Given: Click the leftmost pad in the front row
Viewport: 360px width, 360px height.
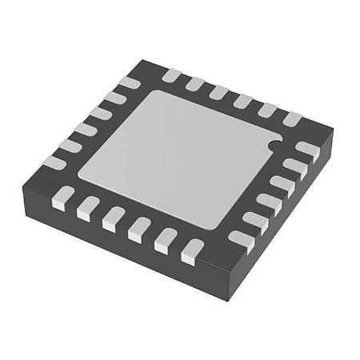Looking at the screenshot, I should (x=63, y=197).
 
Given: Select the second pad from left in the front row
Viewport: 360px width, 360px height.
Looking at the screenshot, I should (x=88, y=208).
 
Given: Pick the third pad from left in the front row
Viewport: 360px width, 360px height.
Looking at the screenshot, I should (x=114, y=218).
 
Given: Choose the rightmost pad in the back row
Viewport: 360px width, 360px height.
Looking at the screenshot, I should (x=292, y=119).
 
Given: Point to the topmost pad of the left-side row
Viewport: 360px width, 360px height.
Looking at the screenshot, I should (x=129, y=82).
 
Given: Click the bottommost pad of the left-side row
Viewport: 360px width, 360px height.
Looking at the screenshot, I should (x=54, y=162).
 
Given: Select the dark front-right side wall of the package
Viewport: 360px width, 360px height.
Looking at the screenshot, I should (x=280, y=224).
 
